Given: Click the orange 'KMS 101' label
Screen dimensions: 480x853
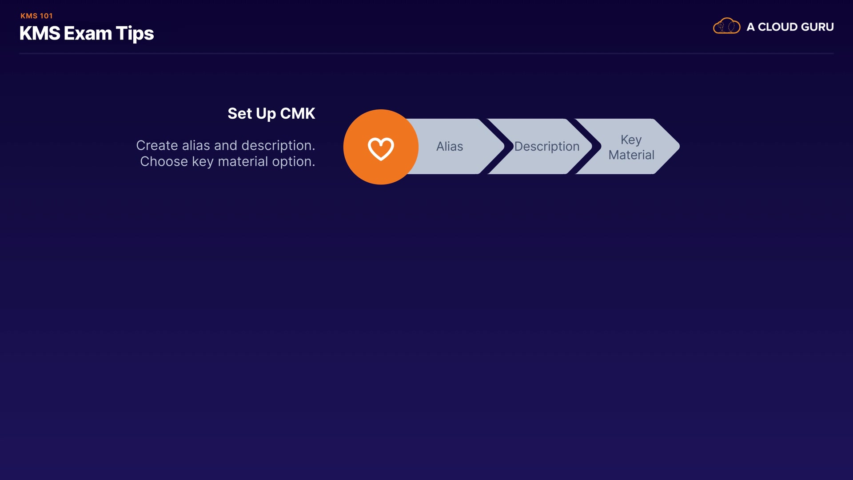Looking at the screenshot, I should click(x=36, y=16).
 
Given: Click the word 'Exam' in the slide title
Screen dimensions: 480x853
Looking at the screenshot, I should click(x=88, y=34).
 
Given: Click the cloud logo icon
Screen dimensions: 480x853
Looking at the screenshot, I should click(x=726, y=26).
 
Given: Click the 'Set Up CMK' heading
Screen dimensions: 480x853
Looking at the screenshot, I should click(x=271, y=114).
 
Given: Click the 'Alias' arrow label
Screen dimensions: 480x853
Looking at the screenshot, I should click(x=450, y=147).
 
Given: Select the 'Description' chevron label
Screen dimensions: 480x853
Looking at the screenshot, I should click(x=546, y=147).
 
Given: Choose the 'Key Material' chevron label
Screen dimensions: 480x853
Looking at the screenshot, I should click(x=631, y=147).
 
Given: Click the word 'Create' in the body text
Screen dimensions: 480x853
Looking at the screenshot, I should click(x=157, y=146).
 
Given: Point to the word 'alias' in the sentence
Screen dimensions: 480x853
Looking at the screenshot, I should click(x=196, y=146).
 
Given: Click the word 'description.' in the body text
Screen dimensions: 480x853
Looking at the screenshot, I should click(x=278, y=146).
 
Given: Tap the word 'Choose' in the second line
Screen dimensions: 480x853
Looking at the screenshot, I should click(x=164, y=162).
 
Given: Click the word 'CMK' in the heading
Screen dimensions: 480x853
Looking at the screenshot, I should click(x=297, y=114).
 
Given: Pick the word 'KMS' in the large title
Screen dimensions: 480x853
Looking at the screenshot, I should click(x=40, y=34).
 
